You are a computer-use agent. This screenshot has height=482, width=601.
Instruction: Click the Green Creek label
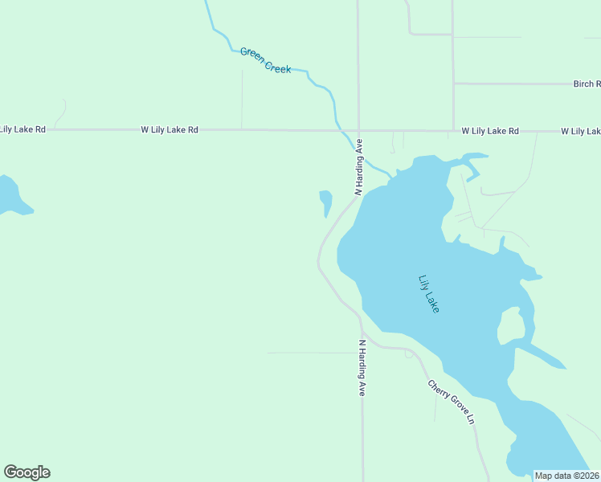pyautogui.click(x=265, y=61)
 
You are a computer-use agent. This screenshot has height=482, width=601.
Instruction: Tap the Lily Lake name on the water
pyautogui.click(x=429, y=294)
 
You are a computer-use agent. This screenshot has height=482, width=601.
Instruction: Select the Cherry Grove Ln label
pyautogui.click(x=452, y=402)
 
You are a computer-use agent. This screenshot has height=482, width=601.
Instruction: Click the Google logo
pyautogui.click(x=27, y=472)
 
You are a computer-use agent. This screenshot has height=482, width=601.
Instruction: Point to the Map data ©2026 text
pyautogui.click(x=566, y=476)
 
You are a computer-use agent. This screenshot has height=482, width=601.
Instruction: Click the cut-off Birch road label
pyautogui.click(x=587, y=84)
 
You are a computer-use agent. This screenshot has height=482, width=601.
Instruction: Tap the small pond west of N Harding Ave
pyautogui.click(x=325, y=202)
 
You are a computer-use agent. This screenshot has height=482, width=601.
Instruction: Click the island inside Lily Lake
pyautogui.click(x=511, y=325)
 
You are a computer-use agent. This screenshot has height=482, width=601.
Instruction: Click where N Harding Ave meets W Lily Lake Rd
pyautogui.click(x=358, y=130)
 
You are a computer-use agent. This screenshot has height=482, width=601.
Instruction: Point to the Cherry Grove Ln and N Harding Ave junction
pyautogui.click(x=362, y=330)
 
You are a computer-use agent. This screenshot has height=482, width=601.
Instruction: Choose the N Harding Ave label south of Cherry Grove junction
pyautogui.click(x=362, y=367)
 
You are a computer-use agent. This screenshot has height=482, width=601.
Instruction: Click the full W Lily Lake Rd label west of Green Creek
pyautogui.click(x=169, y=129)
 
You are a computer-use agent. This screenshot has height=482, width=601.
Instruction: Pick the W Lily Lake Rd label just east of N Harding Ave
pyautogui.click(x=489, y=131)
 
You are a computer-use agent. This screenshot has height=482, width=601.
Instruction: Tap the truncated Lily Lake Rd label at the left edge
pyautogui.click(x=22, y=129)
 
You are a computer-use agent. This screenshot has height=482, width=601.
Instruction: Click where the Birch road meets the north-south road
pyautogui.click(x=454, y=84)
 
